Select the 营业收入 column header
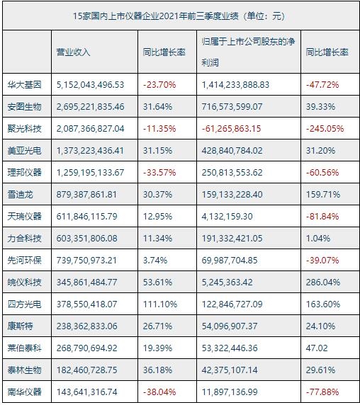(x=74, y=52)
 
